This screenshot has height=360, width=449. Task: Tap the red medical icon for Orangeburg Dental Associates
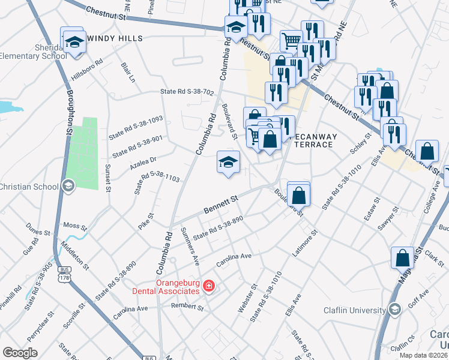208,286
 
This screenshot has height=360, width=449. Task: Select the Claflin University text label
355,310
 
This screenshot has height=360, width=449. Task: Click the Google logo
20,353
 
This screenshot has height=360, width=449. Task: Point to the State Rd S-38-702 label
187,92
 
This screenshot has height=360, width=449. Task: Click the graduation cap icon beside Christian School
68,186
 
